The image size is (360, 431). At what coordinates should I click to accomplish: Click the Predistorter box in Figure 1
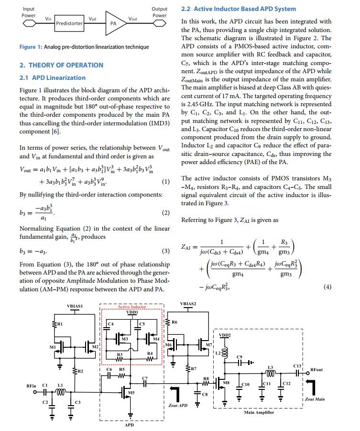coord(69,22)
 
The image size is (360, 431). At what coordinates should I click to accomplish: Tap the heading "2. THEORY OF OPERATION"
coord(61,65)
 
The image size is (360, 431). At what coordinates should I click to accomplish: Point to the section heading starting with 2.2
coord(239,9)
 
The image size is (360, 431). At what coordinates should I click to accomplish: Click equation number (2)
coord(166,212)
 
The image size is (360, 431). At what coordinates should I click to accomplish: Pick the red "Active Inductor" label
coord(132,307)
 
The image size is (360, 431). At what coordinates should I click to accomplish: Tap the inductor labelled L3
coord(270,367)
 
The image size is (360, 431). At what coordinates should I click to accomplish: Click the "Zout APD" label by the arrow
coord(178,405)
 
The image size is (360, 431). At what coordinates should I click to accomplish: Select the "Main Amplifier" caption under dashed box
coord(259,412)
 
